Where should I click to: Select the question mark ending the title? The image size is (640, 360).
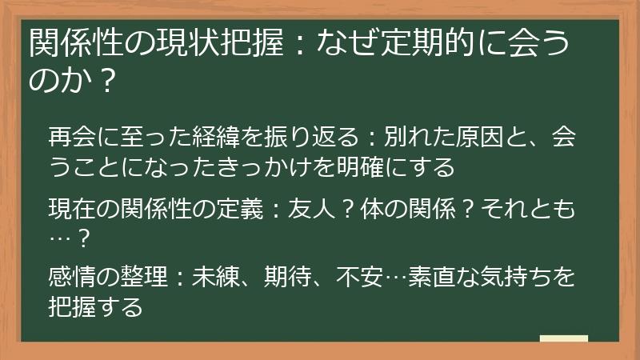(99, 79)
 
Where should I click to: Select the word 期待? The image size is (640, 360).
(279, 278)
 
